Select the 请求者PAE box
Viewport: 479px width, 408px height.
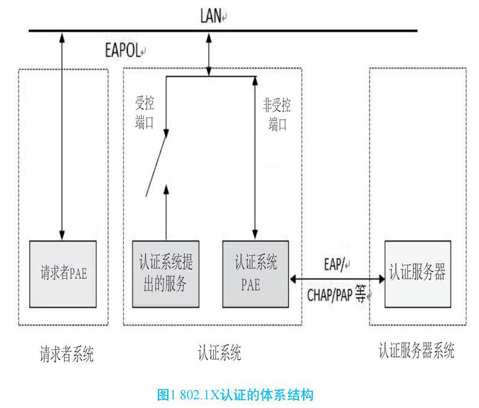coord(62,274)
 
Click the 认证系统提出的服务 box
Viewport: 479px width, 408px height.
coord(166,274)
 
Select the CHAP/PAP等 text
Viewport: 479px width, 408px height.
coord(336,295)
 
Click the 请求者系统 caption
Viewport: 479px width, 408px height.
coord(63,355)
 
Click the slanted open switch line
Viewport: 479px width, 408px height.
coord(155,166)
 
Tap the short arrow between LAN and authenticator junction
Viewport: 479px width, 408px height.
coord(208,54)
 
